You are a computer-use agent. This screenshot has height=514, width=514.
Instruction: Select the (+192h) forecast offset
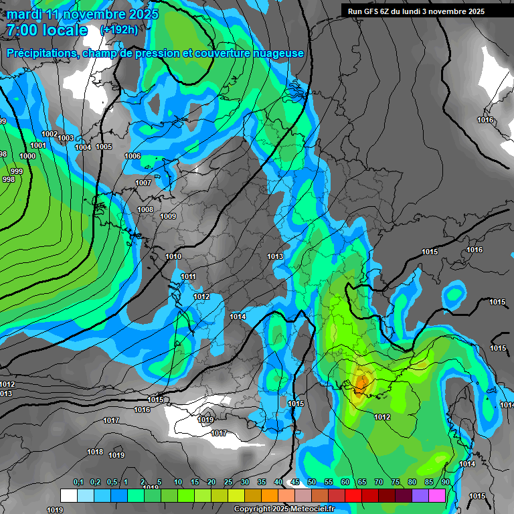click(x=118, y=30)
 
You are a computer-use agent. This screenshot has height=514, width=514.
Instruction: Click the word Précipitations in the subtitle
click(x=41, y=53)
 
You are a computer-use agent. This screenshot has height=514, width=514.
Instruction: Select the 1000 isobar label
click(x=27, y=156)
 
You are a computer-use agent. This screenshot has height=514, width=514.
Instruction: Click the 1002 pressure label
click(x=50, y=134)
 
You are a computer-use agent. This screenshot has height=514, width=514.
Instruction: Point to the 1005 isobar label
click(x=104, y=147)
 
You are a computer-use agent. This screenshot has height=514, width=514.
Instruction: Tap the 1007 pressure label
click(x=143, y=183)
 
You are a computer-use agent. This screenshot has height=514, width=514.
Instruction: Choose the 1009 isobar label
click(x=168, y=216)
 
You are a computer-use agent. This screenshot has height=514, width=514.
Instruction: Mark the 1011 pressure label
click(x=188, y=276)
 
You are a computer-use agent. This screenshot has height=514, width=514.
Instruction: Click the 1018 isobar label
click(x=95, y=452)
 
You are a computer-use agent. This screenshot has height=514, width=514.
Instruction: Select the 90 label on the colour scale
click(x=446, y=482)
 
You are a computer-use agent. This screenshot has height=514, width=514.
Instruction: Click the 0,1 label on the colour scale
click(x=78, y=482)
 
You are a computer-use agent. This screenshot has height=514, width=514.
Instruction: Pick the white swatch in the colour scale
click(x=68, y=495)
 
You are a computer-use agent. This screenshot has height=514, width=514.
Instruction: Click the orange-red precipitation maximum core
click(x=361, y=383)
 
